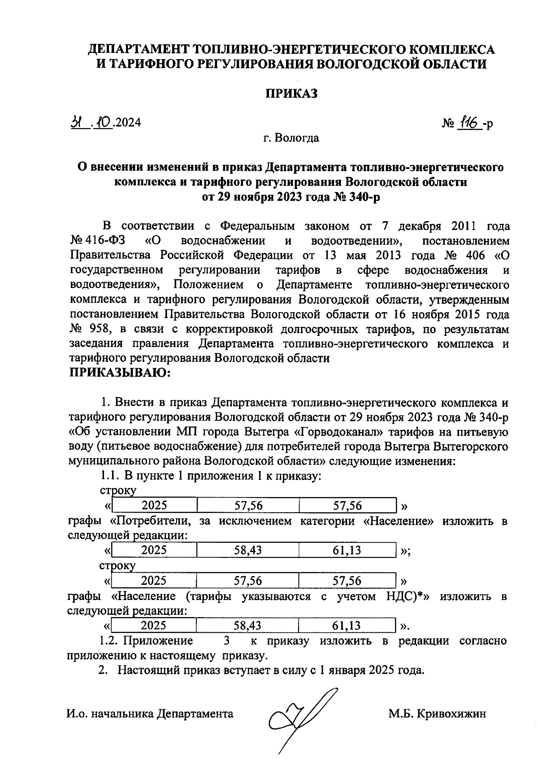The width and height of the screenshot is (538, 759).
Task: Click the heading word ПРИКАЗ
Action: [x=292, y=94]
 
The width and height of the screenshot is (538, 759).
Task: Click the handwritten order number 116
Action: [x=469, y=122]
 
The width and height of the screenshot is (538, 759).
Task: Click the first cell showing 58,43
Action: [x=248, y=550]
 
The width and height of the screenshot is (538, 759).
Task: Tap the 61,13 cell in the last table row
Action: [x=347, y=626]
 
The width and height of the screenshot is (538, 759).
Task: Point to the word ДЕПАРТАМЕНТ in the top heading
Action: [x=138, y=49]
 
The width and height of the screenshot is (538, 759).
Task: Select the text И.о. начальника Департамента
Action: [x=150, y=714]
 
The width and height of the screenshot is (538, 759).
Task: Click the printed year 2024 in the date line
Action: [x=128, y=122]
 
